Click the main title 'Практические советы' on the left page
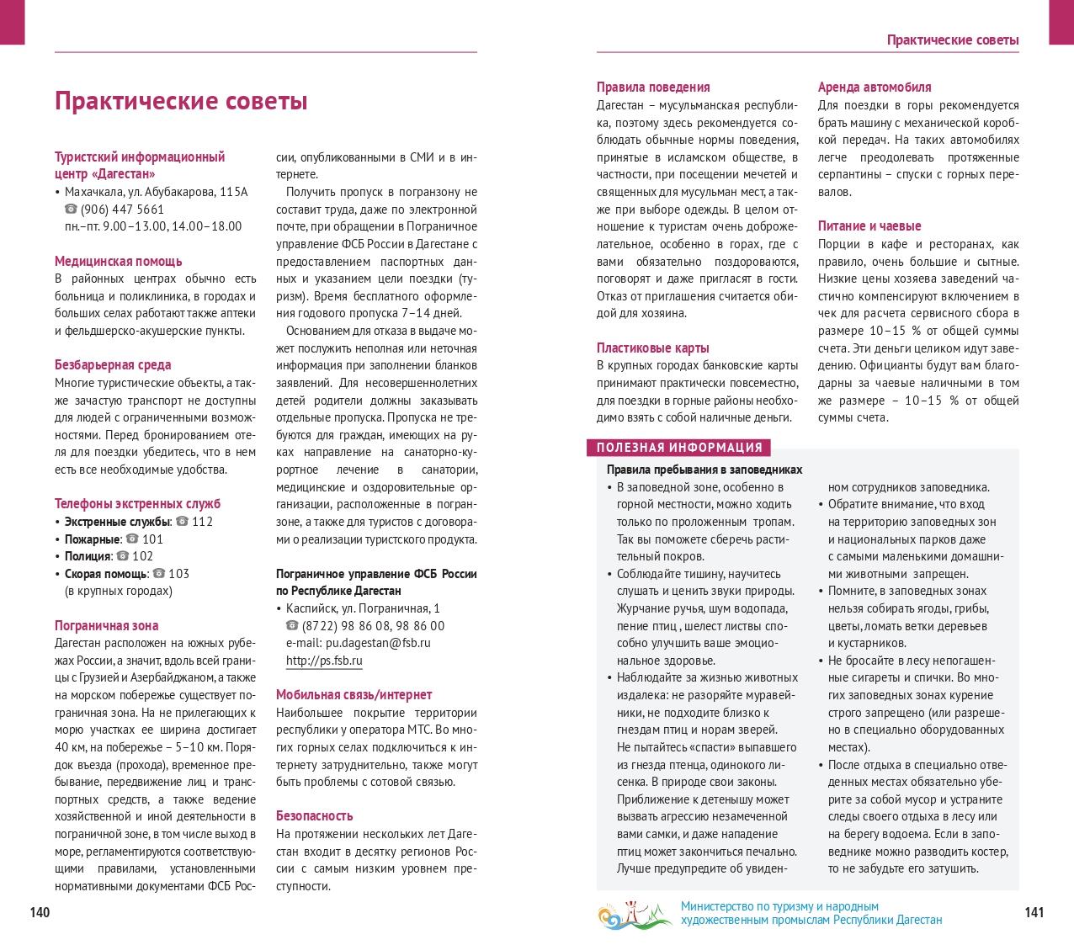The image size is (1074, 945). point(181,101)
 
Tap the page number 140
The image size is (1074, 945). point(40,912)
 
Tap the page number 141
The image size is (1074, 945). point(1034,912)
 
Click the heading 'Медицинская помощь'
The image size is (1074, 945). point(118,261)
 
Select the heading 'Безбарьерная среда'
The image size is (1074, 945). point(113,364)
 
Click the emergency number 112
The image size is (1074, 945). point(202,521)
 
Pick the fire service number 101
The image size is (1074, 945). point(152,539)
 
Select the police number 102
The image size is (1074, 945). point(142,555)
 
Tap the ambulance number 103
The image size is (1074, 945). point(178,573)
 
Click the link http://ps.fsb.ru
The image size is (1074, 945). point(324,661)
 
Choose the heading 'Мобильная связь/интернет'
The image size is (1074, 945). point(354,694)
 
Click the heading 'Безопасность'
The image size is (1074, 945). point(314,815)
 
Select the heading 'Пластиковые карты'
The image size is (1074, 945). point(652,348)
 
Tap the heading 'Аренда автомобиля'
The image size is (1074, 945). point(875,87)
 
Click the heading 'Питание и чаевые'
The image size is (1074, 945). point(869,226)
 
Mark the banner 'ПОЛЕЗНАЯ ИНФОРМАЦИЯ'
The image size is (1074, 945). point(679,448)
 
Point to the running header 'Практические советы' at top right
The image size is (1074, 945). point(953,40)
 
